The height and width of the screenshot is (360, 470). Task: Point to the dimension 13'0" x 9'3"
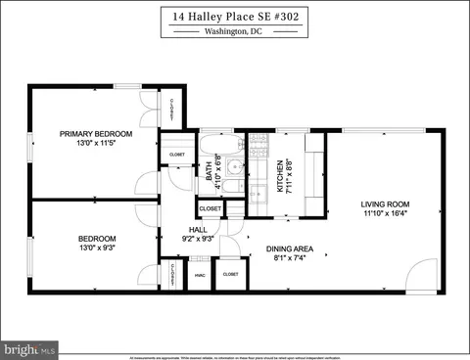pos(97,248)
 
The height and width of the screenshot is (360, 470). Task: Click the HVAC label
pos(201,275)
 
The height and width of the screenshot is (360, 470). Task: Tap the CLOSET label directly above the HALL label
pos(210,209)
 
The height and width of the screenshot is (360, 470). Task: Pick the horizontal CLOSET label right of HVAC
pos(230,275)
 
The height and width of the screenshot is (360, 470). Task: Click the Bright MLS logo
pos(30,347)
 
